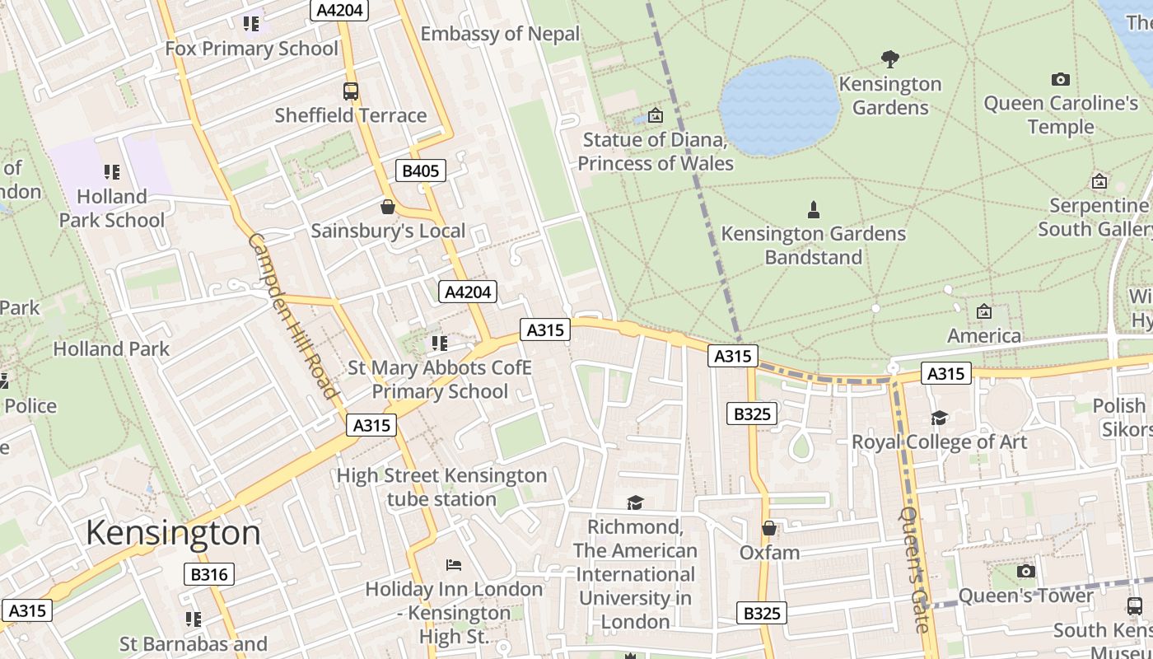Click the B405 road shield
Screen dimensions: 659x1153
[420, 171]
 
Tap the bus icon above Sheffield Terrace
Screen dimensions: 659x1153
[351, 91]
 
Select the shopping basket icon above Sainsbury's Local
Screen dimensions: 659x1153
[387, 207]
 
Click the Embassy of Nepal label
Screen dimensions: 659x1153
[500, 34]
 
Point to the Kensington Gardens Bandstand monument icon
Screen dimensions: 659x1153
[814, 210]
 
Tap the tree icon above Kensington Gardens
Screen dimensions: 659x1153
[889, 59]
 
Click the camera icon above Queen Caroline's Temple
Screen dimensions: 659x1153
[1061, 79]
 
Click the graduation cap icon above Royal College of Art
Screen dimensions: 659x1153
[939, 418]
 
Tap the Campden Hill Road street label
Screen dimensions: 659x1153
[293, 316]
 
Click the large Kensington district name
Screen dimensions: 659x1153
[173, 532]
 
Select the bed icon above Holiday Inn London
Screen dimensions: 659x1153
[453, 565]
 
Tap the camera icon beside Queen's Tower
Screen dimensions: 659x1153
[1025, 571]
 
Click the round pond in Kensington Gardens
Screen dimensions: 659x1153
[779, 105]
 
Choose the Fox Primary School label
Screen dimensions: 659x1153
[251, 49]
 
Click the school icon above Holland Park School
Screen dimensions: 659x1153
[112, 172]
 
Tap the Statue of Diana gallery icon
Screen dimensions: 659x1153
[656, 115]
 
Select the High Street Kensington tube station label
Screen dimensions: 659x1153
[441, 487]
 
